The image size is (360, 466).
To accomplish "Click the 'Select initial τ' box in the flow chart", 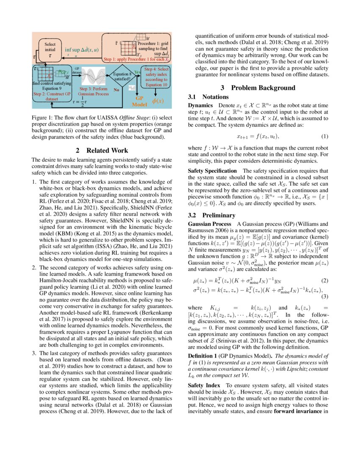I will click(x=50, y=49).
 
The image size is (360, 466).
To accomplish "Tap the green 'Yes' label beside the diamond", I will click(x=137, y=72).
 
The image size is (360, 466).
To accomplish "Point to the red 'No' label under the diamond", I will click(x=116, y=90).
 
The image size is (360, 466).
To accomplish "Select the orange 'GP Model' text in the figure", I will click(x=139, y=101).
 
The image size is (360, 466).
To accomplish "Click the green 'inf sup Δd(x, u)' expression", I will click(x=82, y=50).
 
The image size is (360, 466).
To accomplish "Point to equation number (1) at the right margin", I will click(x=324, y=136).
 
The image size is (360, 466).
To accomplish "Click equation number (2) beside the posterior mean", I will click(x=324, y=281).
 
